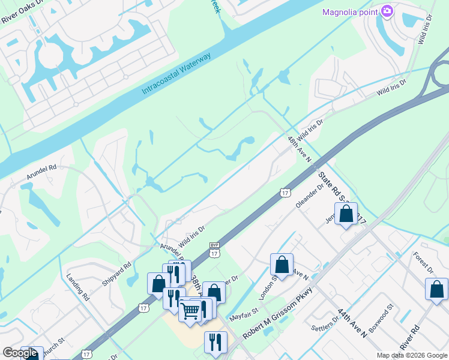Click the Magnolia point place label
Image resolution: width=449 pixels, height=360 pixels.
coord(349,11)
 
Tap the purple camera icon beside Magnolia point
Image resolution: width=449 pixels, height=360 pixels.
coord(387,11)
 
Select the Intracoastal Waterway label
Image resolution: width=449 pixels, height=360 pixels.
coord(176,74)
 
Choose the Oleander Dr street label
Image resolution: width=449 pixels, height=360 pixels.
coord(310,196)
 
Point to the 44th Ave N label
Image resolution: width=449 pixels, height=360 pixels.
coord(352,324)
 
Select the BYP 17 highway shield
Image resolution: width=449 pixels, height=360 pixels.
coord(214,250)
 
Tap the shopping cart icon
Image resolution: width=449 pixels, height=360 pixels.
coord(190,310)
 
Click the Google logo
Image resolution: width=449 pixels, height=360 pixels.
coord(20,353)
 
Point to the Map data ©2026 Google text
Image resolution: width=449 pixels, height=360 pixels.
coord(412,355)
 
